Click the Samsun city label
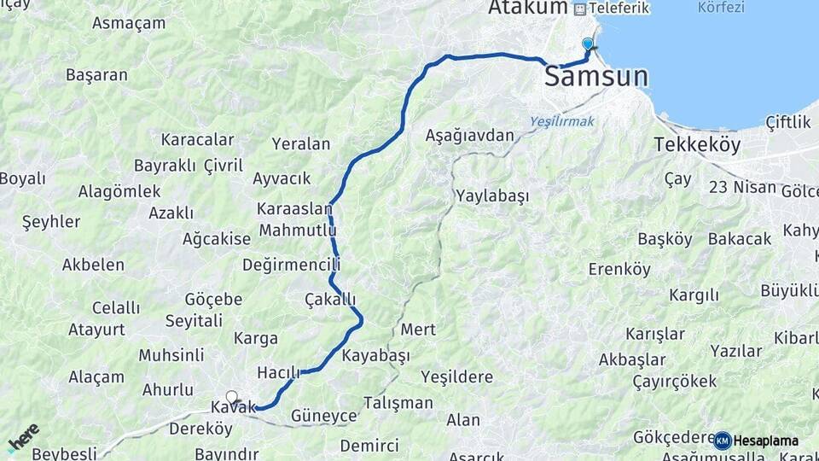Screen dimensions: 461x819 [x=595, y=77]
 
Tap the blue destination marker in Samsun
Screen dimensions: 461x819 [x=587, y=44]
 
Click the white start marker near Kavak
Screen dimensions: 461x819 [x=231, y=397]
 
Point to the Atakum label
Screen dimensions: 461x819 [x=528, y=8]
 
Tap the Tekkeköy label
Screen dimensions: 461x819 [x=697, y=144]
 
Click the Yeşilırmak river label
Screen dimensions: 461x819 [x=561, y=121]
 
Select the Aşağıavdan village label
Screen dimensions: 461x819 [x=470, y=136]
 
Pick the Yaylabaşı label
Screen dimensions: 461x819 [x=492, y=195]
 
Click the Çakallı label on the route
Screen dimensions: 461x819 [x=330, y=299]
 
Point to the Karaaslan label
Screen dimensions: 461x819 [x=294, y=209]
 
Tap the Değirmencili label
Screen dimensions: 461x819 [x=291, y=265]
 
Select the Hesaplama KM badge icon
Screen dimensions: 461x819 [x=723, y=441]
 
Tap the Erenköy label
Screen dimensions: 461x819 [x=619, y=270]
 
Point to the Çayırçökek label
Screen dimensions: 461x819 [x=675, y=381]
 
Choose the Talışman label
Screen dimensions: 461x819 [x=398, y=402]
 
